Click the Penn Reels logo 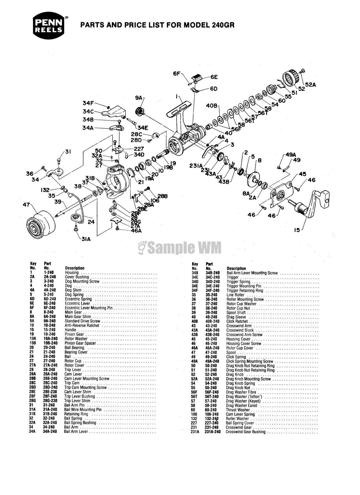pyautogui.click(x=51, y=27)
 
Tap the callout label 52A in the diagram pyautogui.click(x=310, y=84)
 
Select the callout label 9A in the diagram pyautogui.click(x=139, y=98)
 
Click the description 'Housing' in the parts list pyautogui.click(x=72, y=272)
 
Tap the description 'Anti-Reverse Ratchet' pyautogui.click(x=82, y=325)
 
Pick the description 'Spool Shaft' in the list pyautogui.click(x=236, y=312)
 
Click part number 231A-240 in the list pyautogui.click(x=213, y=432)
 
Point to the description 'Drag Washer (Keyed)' pyautogui.click(x=243, y=401)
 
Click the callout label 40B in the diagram pyautogui.click(x=212, y=106)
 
